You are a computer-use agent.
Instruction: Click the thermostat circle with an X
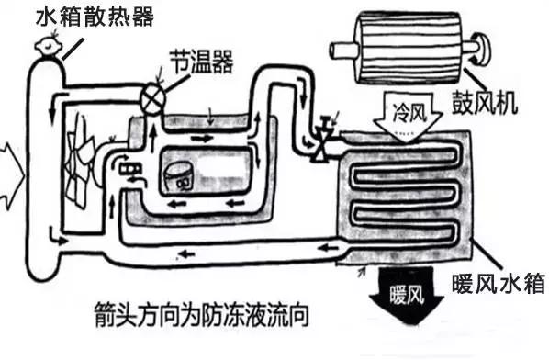point(149,95)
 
